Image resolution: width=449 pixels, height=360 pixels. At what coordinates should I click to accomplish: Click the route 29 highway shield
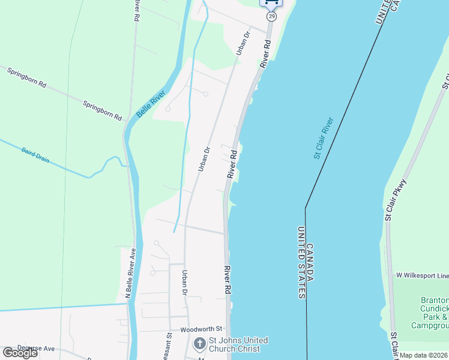[x=272, y=16]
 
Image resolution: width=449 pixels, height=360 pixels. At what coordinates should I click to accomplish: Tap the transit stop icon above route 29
[x=271, y=3]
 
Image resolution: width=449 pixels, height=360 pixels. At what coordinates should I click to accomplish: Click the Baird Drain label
[x=35, y=155]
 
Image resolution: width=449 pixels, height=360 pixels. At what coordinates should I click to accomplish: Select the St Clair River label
[x=323, y=138]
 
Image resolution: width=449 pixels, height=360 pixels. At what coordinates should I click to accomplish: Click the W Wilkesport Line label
[x=421, y=275]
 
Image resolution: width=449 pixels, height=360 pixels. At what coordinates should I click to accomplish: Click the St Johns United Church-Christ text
[x=238, y=345]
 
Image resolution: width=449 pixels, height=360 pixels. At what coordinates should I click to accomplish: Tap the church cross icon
[x=200, y=344]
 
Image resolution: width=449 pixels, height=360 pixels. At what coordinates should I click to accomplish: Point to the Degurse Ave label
[x=36, y=348]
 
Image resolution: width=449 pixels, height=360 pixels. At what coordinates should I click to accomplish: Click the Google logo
[x=20, y=353]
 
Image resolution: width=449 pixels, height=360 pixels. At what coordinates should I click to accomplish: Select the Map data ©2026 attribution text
[x=424, y=355]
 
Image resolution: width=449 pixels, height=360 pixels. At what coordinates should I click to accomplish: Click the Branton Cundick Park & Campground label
[x=430, y=313]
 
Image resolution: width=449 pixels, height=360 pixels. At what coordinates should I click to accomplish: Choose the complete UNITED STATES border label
[x=301, y=263]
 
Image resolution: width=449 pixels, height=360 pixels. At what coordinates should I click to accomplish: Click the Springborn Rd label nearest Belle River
[x=103, y=108]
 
